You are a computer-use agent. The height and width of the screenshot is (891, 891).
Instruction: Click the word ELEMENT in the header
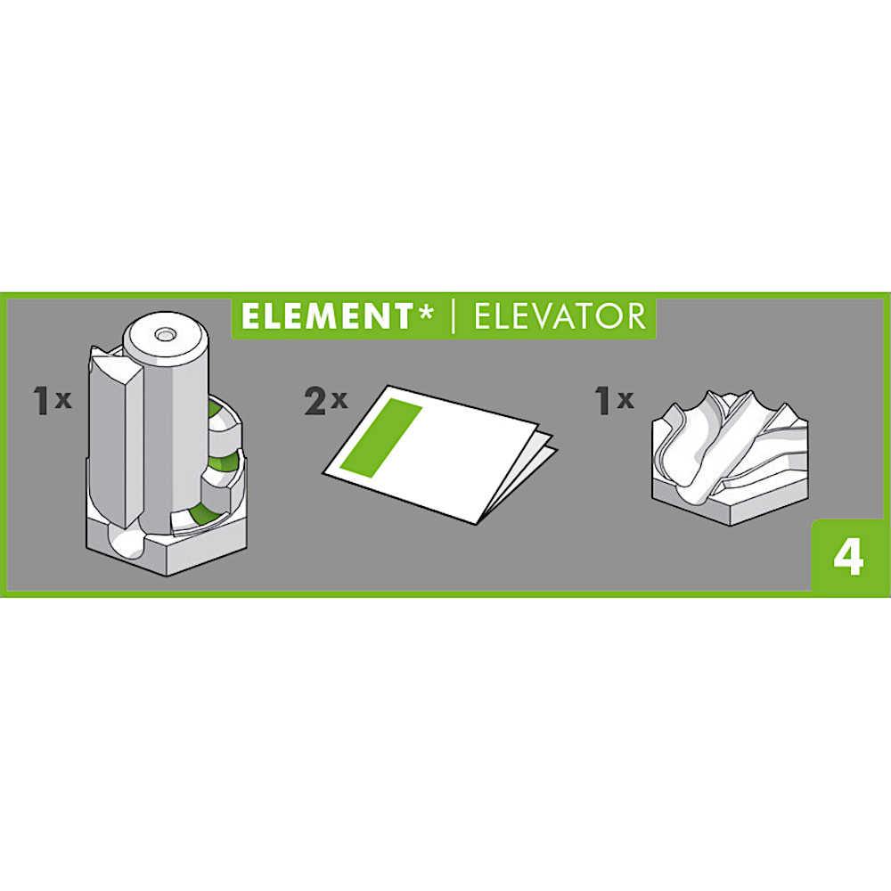(x=326, y=316)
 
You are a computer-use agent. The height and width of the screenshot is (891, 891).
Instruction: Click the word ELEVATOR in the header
(x=560, y=316)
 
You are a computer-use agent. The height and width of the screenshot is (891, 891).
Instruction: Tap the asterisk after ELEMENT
(x=424, y=311)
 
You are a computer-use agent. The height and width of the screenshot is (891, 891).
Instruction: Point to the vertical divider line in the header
(x=453, y=316)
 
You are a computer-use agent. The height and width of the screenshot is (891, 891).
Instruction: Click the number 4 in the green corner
(x=848, y=557)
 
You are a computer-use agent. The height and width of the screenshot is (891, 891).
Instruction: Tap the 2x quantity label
(x=325, y=400)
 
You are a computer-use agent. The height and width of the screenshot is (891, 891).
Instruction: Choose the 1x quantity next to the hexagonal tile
(x=614, y=399)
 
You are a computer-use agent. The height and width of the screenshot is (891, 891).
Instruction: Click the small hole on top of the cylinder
(x=165, y=335)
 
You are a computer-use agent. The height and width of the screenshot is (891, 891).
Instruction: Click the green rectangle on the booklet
(x=381, y=437)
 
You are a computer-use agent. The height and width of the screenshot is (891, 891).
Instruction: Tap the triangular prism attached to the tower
(x=115, y=437)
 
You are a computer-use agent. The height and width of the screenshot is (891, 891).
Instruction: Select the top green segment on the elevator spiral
(x=216, y=409)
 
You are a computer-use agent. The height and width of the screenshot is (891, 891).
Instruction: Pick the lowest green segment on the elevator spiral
(x=200, y=514)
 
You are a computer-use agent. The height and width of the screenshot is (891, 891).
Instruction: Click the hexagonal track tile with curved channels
(x=730, y=456)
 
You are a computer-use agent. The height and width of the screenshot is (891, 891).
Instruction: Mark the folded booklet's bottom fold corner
(x=476, y=523)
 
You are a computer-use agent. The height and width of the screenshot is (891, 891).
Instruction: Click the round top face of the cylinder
(x=166, y=337)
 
